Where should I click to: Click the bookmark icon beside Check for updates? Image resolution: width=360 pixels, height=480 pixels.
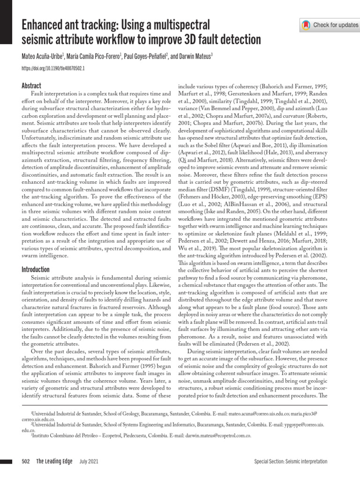pyautogui.click(x=306, y=24)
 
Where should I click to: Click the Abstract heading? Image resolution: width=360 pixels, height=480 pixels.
pyautogui.click(x=32, y=85)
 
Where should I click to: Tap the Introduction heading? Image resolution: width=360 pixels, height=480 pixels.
pyautogui.click(x=36, y=270)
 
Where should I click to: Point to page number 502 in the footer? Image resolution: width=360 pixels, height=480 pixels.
pyautogui.click(x=26, y=461)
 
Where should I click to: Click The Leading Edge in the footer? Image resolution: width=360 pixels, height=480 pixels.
pyautogui.click(x=54, y=461)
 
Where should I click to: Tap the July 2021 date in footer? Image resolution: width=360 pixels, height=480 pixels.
pyautogui.click(x=89, y=461)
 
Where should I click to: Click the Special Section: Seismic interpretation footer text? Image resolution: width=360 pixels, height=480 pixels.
pyautogui.click(x=291, y=462)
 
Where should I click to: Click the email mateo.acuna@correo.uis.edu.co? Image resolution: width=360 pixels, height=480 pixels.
pyautogui.click(x=262, y=414)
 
